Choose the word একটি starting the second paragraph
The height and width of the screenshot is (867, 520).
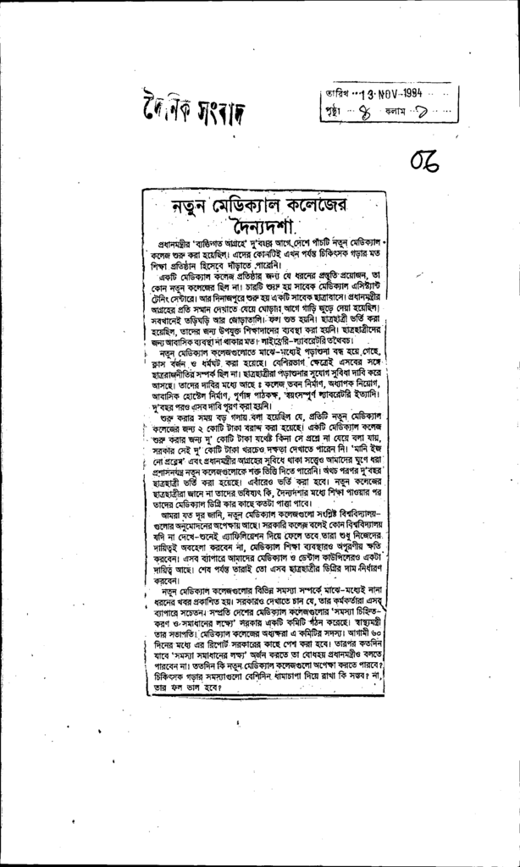(170, 275)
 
